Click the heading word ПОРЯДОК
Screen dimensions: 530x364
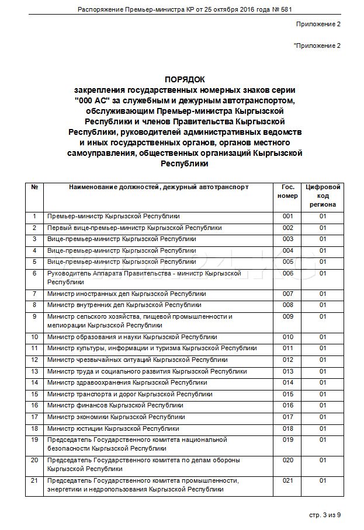[x=185, y=79]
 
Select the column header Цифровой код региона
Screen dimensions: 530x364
[x=323, y=196]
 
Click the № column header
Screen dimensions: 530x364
[x=34, y=187]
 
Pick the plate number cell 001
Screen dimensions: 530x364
[x=287, y=217]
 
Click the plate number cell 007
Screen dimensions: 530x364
[x=287, y=294]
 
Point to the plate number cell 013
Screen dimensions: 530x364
[x=287, y=371]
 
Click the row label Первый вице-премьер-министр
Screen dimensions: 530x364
[x=134, y=228]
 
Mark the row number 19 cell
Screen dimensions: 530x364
[x=34, y=439]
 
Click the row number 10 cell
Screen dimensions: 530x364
[x=34, y=337]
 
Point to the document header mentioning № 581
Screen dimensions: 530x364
[x=185, y=9]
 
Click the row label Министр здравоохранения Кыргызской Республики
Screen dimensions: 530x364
[x=127, y=383]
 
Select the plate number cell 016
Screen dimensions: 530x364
[x=287, y=405]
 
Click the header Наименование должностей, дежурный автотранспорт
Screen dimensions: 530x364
[x=158, y=187]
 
